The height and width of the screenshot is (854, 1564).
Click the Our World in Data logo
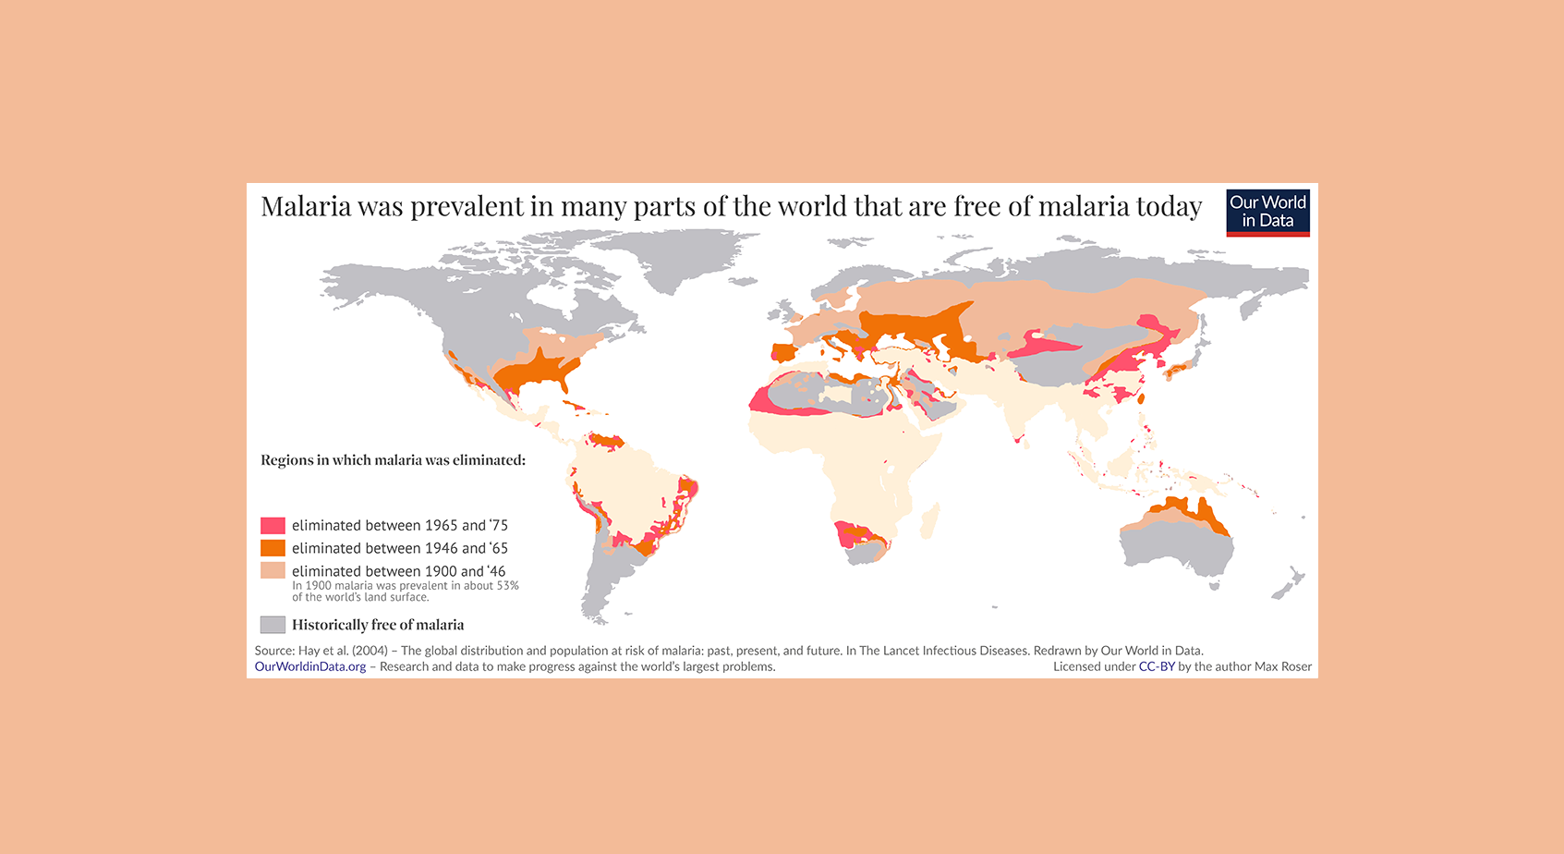1267,213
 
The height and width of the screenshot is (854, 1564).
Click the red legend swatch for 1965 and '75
273,525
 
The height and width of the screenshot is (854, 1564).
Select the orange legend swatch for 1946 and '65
273,548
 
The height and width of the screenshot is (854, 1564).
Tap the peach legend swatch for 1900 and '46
273,571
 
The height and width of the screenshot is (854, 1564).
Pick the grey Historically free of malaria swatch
273,625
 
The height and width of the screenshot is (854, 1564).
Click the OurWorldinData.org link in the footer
310,666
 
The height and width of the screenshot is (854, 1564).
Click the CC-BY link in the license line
1156,666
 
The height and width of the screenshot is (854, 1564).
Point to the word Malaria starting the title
306,206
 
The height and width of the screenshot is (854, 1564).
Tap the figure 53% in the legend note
507,586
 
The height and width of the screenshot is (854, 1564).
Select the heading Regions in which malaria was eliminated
393,460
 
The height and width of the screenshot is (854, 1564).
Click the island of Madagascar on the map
930,520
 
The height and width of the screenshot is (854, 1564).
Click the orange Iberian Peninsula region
782,352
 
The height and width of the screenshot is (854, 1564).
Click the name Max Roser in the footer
1283,666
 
